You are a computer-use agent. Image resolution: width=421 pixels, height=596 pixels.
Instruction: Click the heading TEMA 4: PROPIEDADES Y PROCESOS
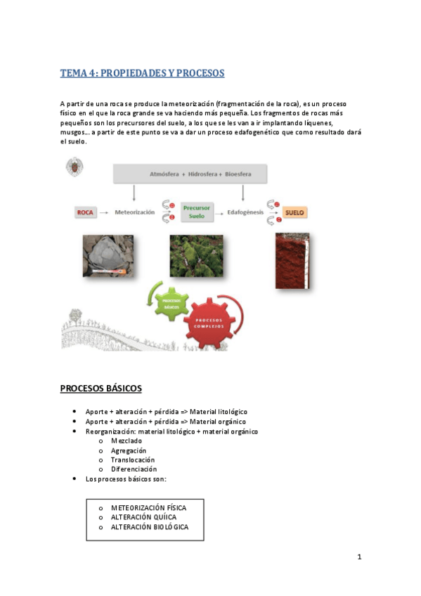(x=142, y=73)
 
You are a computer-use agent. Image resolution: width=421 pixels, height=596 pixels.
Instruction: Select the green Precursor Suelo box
(x=197, y=212)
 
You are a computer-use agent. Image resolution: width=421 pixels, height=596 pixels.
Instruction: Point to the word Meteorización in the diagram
(x=135, y=212)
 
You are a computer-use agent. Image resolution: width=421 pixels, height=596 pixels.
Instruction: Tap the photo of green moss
(x=197, y=255)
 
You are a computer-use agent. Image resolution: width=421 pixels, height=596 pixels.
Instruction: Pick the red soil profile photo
(x=293, y=260)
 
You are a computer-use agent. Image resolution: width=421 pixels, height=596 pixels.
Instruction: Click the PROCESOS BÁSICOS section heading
(x=101, y=388)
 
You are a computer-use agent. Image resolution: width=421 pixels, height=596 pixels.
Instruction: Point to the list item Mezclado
(x=126, y=441)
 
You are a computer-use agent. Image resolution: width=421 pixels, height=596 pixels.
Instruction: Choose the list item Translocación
(x=133, y=460)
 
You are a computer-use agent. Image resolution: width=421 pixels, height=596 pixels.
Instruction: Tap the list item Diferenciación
(x=134, y=469)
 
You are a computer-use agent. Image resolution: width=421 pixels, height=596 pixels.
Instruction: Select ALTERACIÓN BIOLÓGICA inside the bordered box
(x=149, y=527)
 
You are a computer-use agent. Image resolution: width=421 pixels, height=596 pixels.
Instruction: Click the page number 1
(x=359, y=557)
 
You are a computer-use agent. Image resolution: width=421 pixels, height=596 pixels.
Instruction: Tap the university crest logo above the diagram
(x=74, y=169)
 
